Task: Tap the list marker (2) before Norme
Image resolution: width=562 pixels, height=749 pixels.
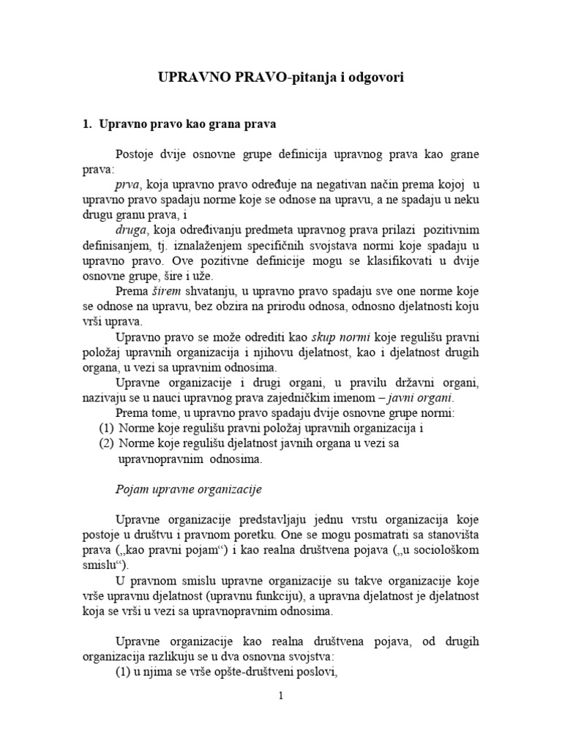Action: tap(107, 443)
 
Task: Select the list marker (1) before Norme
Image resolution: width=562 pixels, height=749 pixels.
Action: tap(107, 429)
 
